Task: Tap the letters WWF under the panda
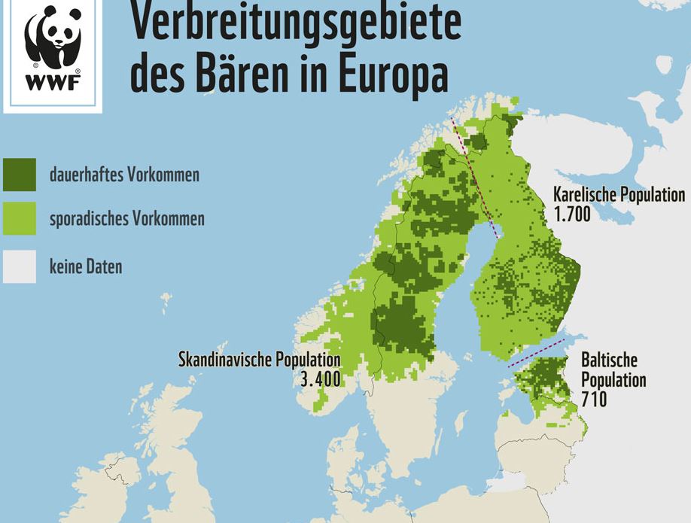(52, 83)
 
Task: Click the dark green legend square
(19, 175)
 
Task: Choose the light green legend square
(19, 220)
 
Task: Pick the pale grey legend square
(19, 266)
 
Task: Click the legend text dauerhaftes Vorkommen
(124, 175)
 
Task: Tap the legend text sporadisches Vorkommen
(126, 220)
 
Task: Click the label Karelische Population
(619, 194)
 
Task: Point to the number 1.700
(571, 214)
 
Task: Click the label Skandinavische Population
(259, 360)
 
